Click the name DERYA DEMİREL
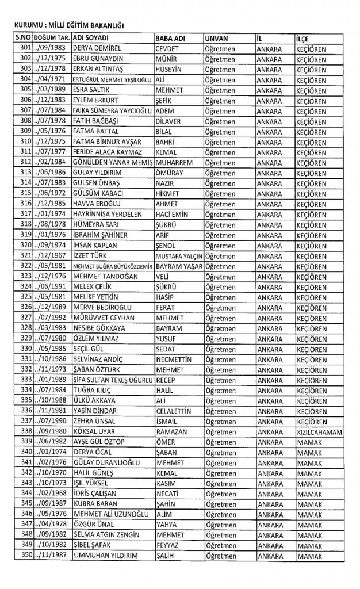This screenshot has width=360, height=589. click(x=96, y=49)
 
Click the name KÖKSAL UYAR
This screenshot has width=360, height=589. click(x=94, y=431)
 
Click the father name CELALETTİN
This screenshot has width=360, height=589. click(x=177, y=410)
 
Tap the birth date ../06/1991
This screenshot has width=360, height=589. click(x=49, y=286)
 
